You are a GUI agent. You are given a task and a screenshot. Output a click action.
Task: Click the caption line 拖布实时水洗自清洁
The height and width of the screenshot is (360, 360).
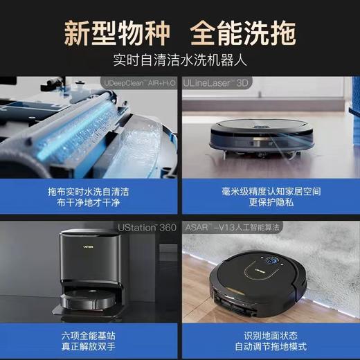click(89, 188)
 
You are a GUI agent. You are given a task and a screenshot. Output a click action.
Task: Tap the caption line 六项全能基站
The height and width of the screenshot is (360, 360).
click(89, 334)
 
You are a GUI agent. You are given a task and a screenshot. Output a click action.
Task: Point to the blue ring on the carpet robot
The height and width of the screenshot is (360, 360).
click(273, 262)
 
